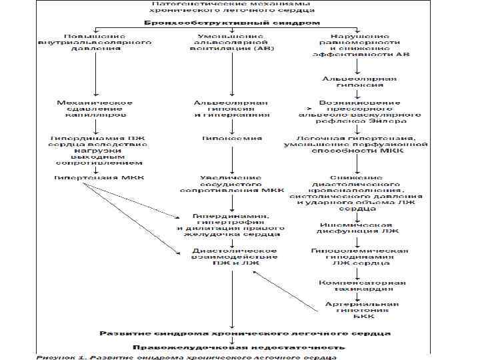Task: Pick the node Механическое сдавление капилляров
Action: [95, 109]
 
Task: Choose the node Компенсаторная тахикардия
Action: [360, 285]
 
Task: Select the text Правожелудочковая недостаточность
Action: [239, 347]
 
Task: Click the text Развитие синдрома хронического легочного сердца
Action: [245, 332]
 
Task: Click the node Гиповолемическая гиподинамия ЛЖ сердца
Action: [360, 257]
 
